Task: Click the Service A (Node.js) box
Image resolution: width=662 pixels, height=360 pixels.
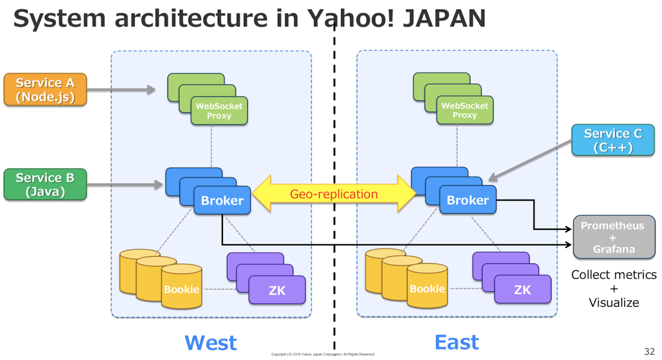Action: [45, 89]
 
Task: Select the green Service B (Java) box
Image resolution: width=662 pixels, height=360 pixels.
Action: [45, 184]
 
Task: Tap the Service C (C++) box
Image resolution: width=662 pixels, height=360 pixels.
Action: [613, 140]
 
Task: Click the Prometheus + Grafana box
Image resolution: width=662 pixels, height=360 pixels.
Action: [614, 237]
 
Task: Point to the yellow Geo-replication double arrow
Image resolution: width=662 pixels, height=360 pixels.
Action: [334, 194]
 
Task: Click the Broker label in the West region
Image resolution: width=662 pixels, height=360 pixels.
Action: [222, 200]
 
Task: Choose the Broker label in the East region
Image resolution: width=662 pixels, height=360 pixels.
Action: [468, 200]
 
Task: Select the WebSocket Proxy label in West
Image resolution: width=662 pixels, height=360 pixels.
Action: [219, 111]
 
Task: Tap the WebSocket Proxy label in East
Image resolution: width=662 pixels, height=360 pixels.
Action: [465, 111]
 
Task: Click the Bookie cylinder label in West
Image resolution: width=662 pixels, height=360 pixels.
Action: [181, 289]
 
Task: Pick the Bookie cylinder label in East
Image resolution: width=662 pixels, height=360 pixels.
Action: [427, 289]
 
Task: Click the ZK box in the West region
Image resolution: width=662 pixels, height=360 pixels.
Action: [277, 290]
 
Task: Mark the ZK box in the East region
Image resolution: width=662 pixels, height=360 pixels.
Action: [522, 290]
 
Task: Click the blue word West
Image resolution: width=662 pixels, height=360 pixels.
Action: [211, 343]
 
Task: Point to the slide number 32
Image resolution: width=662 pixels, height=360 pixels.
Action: [649, 351]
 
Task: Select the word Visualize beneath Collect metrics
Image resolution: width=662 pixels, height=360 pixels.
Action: [614, 302]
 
